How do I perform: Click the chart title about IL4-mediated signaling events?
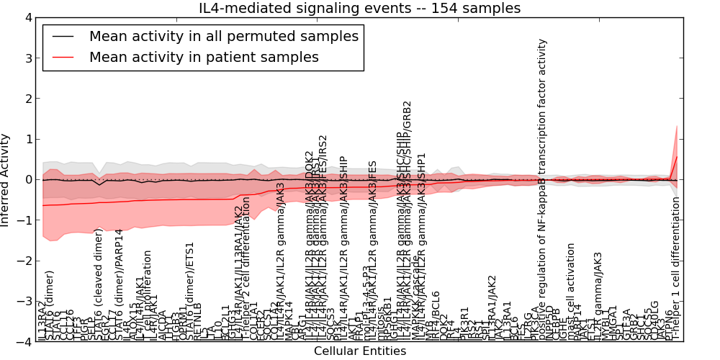pos(359,8)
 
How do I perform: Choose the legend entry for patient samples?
pos(204,57)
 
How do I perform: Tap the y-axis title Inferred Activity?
pos(6,179)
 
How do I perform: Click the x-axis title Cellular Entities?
pos(359,351)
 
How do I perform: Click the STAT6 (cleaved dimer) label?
pos(99,284)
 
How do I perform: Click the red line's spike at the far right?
pos(677,157)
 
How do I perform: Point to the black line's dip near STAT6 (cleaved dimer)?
pos(99,185)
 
